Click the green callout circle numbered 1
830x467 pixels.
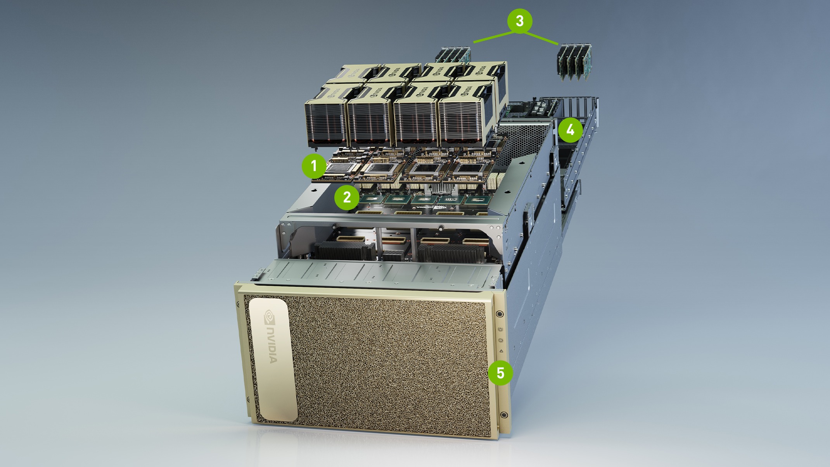pyautogui.click(x=314, y=166)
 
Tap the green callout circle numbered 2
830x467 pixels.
pyautogui.click(x=347, y=197)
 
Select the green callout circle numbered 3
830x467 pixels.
pyautogui.click(x=520, y=21)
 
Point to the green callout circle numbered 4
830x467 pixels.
pyautogui.click(x=570, y=130)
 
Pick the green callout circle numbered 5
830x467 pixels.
pyautogui.click(x=500, y=373)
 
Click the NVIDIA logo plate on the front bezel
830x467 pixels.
pyautogui.click(x=273, y=359)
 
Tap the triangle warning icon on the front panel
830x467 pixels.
pyautogui.click(x=501, y=351)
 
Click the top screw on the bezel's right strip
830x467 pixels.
pyautogui.click(x=500, y=314)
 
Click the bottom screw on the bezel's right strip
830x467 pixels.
pyautogui.click(x=504, y=415)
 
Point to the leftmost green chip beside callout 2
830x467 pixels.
pyautogui.click(x=370, y=199)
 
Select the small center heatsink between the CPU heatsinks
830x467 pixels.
pyautogui.click(x=394, y=255)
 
